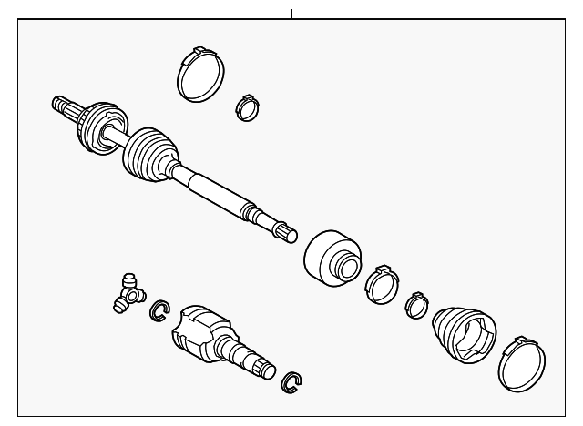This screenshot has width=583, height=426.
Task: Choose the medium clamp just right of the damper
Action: (381, 283)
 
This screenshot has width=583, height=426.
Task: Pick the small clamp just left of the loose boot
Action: (418, 305)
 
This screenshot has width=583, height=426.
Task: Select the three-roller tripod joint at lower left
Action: (127, 293)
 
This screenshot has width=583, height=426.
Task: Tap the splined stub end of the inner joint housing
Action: (261, 364)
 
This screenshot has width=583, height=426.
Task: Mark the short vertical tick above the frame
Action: (291, 13)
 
